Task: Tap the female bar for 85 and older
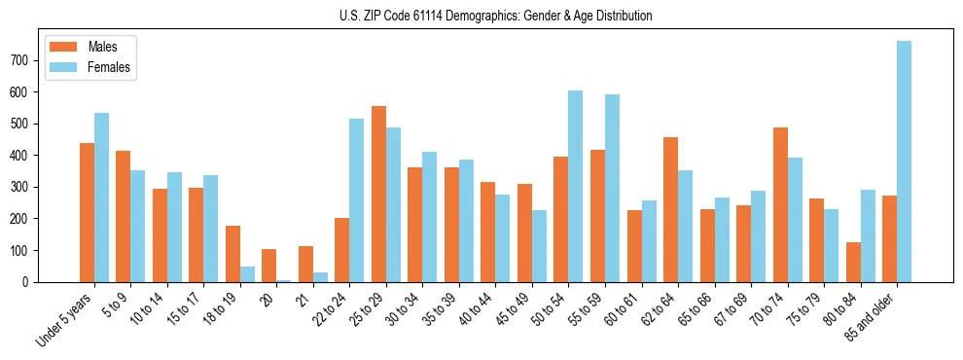coord(904,162)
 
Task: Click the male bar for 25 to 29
coord(378,194)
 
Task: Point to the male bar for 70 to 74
coord(780,204)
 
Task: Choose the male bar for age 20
coord(269,266)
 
